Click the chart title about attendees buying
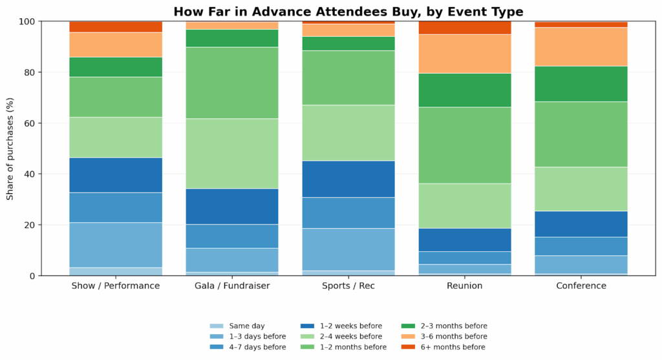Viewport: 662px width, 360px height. pyautogui.click(x=348, y=12)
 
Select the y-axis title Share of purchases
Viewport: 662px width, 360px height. pyautogui.click(x=11, y=149)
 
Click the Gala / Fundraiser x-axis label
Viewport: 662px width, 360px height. pyautogui.click(x=232, y=286)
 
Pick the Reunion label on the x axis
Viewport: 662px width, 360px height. pyautogui.click(x=465, y=286)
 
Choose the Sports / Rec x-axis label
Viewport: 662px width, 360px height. pyautogui.click(x=348, y=286)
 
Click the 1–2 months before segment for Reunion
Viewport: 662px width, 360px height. pyautogui.click(x=465, y=145)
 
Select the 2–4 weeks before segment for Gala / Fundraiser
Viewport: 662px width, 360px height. pyautogui.click(x=232, y=154)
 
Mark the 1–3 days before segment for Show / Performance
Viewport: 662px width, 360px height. pyautogui.click(x=116, y=245)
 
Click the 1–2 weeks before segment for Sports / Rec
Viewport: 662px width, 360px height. pyautogui.click(x=348, y=179)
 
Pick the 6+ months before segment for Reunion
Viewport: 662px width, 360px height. pyautogui.click(x=465, y=28)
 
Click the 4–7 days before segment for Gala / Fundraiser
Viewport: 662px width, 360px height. pyautogui.click(x=232, y=236)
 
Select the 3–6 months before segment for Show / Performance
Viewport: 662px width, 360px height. pyautogui.click(x=116, y=45)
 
